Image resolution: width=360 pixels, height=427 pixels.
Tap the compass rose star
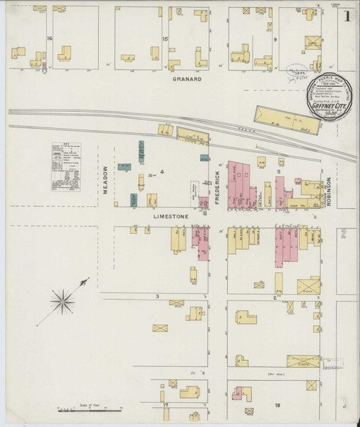64,301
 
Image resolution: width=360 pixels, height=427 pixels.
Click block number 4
162,172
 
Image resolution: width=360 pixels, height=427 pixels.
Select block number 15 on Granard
165,38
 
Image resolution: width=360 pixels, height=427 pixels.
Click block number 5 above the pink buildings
280,172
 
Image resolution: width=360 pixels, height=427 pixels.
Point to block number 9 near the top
275,39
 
